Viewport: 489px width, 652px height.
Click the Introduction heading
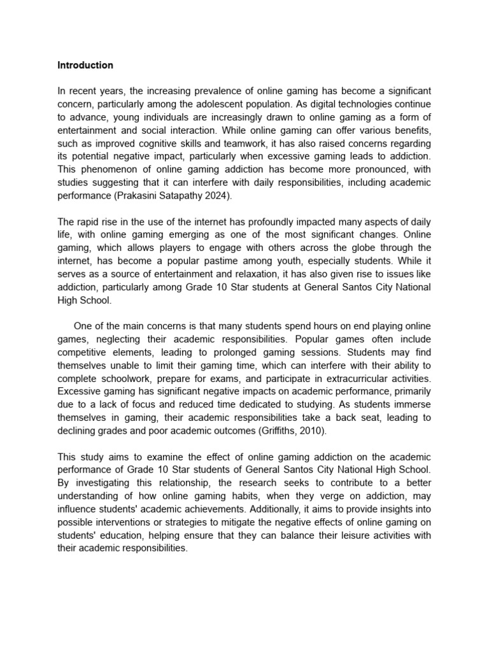[85, 65]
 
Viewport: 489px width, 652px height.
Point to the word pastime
[228, 261]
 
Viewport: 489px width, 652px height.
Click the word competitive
[86, 352]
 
